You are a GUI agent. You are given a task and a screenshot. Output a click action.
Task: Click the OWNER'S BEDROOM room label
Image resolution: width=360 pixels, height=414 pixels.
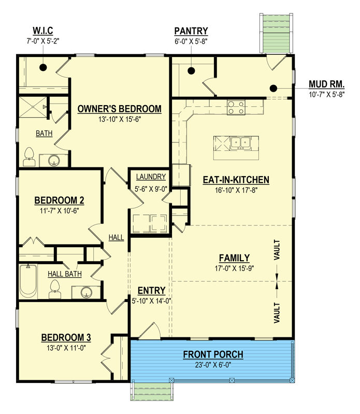(x=119, y=109)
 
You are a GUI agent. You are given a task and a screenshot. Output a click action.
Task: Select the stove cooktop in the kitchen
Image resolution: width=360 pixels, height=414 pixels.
(x=236, y=108)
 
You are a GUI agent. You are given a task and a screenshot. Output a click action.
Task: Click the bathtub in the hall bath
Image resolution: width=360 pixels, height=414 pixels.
(x=28, y=282)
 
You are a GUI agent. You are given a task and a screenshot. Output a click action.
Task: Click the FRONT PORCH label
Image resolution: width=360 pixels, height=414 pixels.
(x=212, y=355)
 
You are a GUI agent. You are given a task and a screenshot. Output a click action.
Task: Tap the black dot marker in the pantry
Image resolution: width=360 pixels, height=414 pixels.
(x=191, y=70)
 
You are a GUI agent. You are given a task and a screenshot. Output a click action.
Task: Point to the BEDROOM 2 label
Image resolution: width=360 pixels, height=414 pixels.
(x=59, y=201)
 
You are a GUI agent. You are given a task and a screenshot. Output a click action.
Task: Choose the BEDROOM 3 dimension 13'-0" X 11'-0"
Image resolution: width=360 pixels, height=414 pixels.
(x=66, y=349)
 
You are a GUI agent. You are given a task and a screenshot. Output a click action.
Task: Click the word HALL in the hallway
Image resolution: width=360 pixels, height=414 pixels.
(x=116, y=237)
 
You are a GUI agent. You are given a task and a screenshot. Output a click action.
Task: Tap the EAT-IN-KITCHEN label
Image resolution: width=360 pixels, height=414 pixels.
(x=236, y=180)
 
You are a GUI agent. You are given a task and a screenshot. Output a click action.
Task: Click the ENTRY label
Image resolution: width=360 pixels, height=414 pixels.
(x=151, y=290)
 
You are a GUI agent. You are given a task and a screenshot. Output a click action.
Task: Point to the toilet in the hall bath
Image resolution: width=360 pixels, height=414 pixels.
(x=55, y=290)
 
